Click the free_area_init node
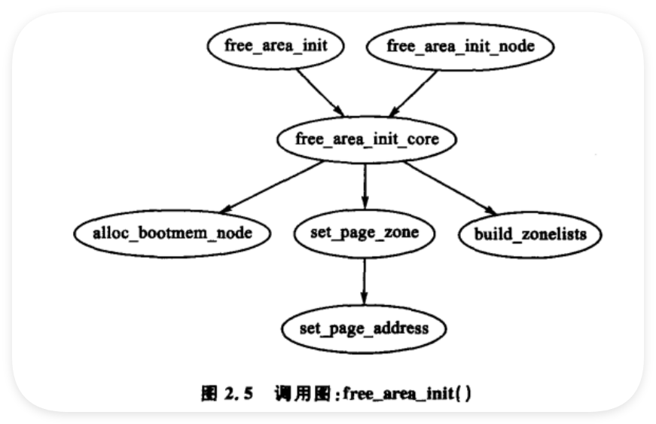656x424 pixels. coord(276,46)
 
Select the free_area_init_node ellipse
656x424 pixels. coord(460,47)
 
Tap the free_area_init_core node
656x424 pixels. coord(367,139)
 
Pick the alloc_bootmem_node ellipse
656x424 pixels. coord(172,233)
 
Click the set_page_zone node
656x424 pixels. coord(365,233)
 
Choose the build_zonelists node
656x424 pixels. coord(530,234)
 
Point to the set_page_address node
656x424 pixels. coord(364,328)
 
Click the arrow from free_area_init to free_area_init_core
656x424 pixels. coord(321,93)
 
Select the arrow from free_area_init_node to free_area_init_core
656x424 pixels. coord(413,93)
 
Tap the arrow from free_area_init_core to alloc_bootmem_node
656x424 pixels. coord(272,187)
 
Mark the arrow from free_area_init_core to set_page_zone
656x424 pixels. coord(365,186)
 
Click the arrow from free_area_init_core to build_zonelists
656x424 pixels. coord(450,188)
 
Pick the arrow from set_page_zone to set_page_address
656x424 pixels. coord(364,282)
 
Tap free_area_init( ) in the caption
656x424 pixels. coord(407,393)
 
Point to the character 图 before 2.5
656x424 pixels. coord(209,393)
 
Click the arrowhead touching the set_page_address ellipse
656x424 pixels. coord(364,297)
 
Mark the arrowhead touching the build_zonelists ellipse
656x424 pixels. coord(490,210)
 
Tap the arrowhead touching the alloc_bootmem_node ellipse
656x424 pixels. coord(227,209)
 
